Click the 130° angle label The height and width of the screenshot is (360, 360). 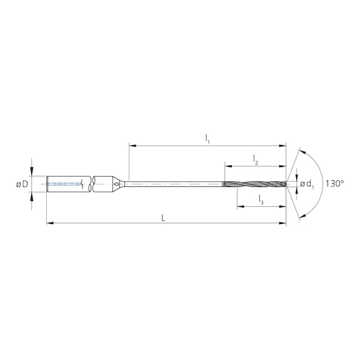334,184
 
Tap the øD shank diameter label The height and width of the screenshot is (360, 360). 22,184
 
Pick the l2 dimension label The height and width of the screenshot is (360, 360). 256,161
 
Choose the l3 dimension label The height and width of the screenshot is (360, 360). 261,200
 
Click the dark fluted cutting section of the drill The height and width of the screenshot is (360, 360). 253,184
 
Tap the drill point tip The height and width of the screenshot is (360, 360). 286,184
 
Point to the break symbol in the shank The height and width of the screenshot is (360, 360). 92,184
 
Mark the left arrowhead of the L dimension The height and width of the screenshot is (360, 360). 49,222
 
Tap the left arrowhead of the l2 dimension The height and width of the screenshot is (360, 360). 226,166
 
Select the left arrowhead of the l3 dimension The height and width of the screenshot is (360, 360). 239,206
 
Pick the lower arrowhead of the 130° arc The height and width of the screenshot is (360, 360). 301,216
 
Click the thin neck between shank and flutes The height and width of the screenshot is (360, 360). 175,184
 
